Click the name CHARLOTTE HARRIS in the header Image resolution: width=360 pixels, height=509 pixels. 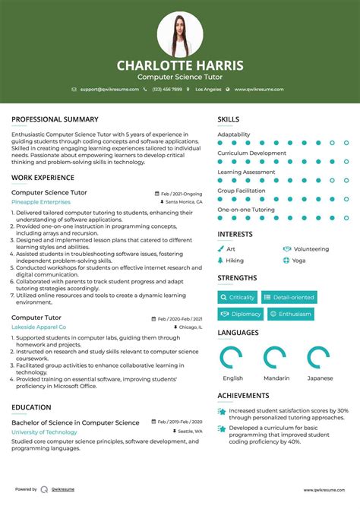coord(180,65)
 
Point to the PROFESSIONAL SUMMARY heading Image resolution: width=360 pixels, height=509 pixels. coord(55,119)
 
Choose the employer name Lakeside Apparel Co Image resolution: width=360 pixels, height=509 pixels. coord(39,327)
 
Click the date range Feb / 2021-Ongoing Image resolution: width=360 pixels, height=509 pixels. coord(182,194)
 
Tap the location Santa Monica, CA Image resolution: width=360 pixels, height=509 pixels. coord(183,203)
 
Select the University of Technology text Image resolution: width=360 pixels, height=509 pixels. coord(44,432)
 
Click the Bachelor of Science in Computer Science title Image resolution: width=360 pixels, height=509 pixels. coord(75,422)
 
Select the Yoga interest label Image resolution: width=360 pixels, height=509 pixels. coord(298,260)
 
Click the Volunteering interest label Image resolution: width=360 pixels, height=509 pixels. coord(311,248)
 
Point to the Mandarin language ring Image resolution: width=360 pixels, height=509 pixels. coord(276,358)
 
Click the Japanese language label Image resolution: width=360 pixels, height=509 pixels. coord(320,378)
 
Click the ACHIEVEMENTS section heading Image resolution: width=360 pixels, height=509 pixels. coord(243,396)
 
